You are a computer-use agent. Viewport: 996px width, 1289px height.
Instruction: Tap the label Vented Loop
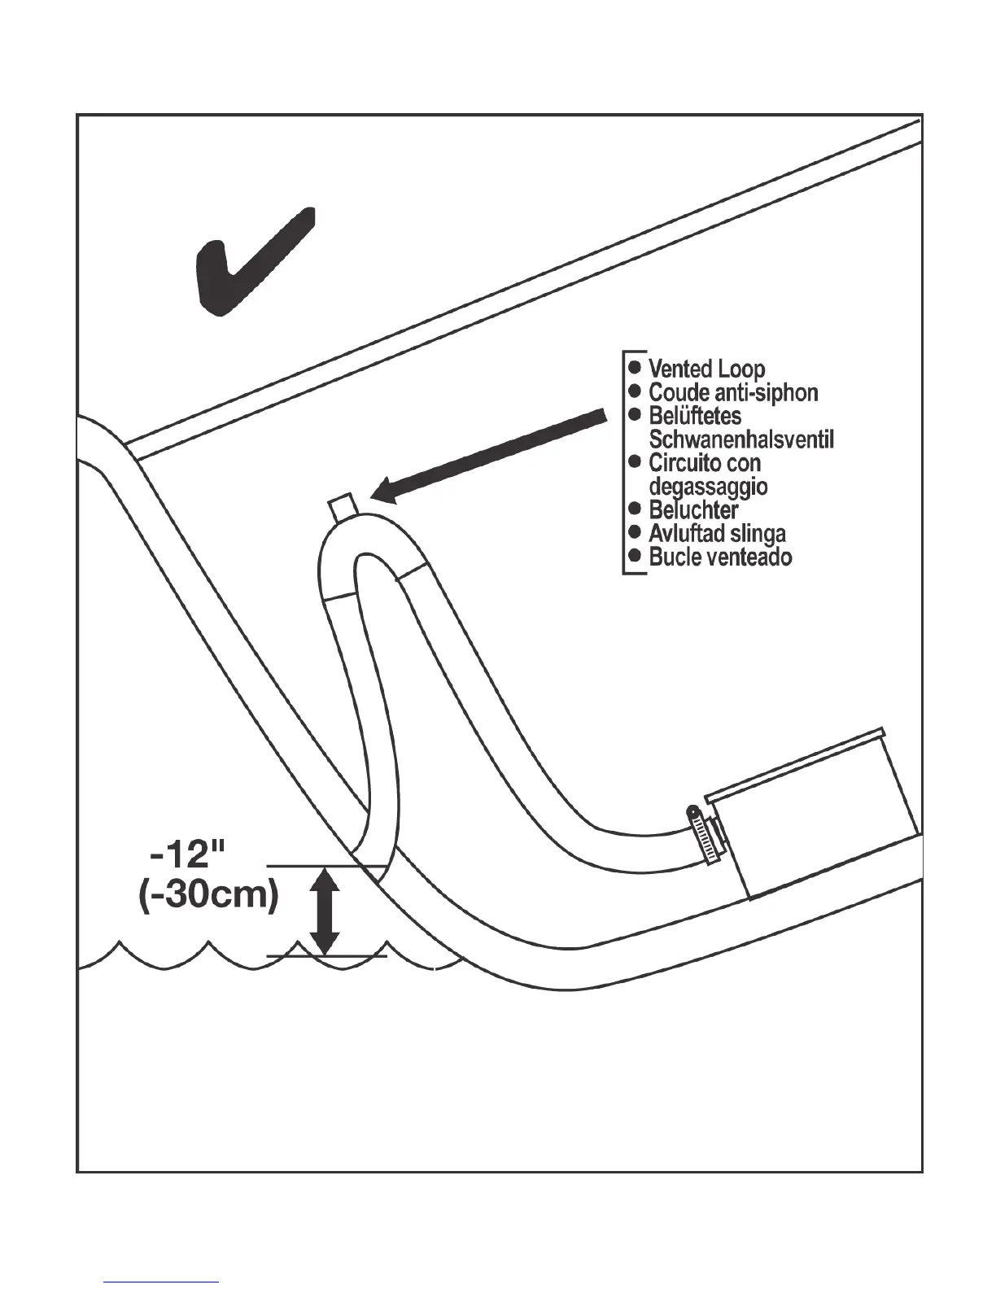(706, 369)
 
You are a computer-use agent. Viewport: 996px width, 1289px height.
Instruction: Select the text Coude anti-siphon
(732, 393)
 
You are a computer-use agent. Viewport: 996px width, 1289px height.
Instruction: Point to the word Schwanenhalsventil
(741, 440)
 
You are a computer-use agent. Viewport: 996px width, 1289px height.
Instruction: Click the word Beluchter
(693, 510)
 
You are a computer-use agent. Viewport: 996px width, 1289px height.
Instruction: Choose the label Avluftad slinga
(717, 534)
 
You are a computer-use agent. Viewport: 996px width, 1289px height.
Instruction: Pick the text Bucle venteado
(720, 557)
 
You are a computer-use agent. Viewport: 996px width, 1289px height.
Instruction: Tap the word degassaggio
(708, 487)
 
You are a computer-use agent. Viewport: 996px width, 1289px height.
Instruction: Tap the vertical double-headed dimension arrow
(325, 911)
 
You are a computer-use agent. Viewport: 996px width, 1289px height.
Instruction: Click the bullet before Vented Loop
(636, 368)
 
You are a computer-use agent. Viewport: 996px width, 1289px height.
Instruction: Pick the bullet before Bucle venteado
(636, 557)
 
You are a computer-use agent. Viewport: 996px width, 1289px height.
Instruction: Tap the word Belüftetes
(695, 416)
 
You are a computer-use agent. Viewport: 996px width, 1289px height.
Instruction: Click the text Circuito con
(704, 463)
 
